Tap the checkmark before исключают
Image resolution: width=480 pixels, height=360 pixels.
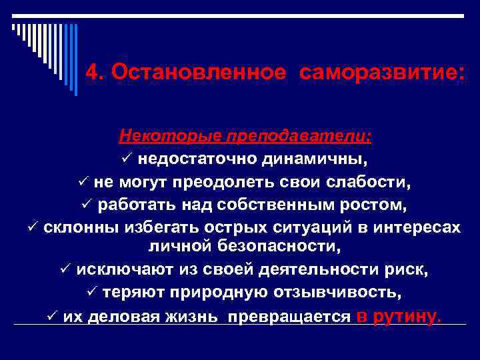(x=65, y=270)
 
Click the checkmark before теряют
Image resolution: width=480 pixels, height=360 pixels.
(x=93, y=293)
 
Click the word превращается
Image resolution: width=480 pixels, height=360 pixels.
(x=289, y=316)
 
